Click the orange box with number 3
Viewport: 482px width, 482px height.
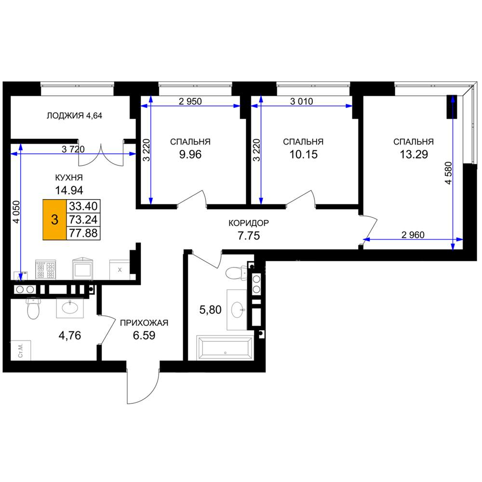(54, 219)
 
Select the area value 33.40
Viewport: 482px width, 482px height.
(83, 206)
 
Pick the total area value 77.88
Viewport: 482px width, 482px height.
(83, 233)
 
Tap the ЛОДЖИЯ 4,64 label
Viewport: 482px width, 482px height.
(74, 116)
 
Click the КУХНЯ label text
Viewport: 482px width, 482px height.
(69, 178)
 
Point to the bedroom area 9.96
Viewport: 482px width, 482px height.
(190, 154)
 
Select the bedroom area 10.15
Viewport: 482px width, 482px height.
(303, 154)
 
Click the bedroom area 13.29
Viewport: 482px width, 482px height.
(414, 154)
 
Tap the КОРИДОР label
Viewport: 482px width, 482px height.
(249, 223)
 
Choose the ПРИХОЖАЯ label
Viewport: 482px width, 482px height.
(144, 323)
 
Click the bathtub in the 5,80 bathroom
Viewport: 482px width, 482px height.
(225, 348)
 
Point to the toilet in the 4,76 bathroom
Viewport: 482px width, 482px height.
(34, 308)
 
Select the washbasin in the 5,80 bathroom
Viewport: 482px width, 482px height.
(237, 309)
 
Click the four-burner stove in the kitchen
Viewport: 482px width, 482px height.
(45, 269)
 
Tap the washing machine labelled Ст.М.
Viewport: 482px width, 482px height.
(21, 350)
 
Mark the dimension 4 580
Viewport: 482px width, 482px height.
(448, 173)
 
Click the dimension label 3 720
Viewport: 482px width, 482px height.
(73, 149)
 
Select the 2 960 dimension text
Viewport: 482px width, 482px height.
(413, 235)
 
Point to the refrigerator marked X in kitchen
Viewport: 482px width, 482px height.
(120, 270)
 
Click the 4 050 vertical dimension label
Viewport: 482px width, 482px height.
(16, 212)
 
